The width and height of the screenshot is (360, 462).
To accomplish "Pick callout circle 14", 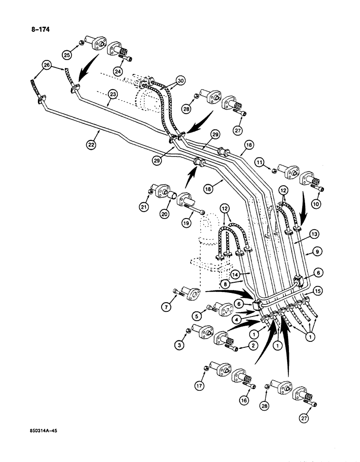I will [250, 274].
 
